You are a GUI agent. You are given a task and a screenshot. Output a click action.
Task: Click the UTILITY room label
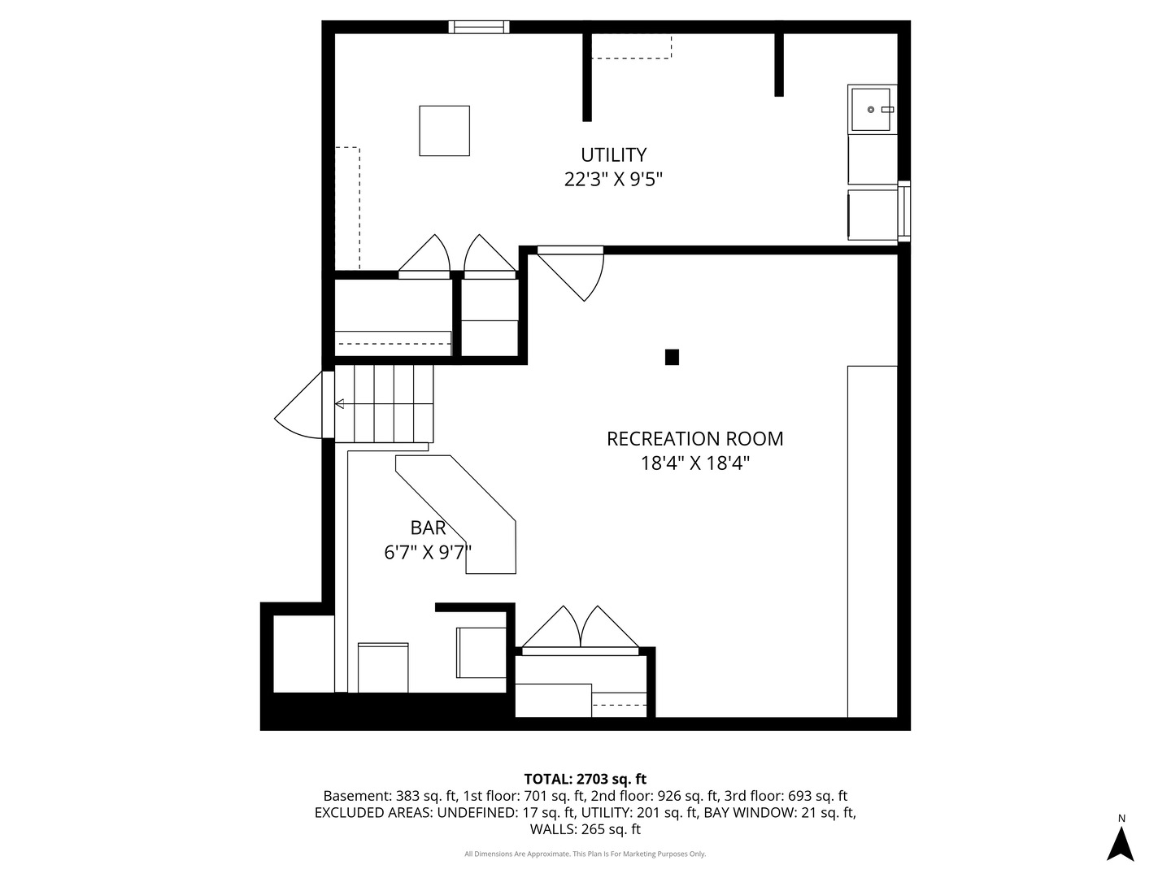[x=613, y=155]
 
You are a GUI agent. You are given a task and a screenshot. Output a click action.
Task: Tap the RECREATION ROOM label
[x=694, y=439]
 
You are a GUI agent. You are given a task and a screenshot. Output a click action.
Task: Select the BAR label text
[x=428, y=528]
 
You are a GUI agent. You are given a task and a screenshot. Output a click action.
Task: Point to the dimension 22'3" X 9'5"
[x=613, y=180]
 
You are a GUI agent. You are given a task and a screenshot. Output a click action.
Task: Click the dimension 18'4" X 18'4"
[x=694, y=463]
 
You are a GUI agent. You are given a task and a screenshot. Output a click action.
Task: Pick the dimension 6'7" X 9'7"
[x=428, y=552]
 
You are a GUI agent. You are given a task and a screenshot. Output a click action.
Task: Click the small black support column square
[x=672, y=357]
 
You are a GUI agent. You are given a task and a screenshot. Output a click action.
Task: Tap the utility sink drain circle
[x=871, y=109]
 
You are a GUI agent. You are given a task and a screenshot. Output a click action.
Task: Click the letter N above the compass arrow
[x=1121, y=819]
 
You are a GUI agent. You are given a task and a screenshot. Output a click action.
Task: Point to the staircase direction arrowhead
[x=339, y=403]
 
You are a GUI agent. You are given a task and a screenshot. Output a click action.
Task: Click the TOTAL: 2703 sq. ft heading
[x=585, y=780]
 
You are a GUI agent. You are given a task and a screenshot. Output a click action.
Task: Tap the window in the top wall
[x=478, y=27]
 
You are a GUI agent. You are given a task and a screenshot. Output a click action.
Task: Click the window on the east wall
[x=903, y=211]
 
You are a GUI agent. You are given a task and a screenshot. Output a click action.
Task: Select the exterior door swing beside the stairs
[x=298, y=405]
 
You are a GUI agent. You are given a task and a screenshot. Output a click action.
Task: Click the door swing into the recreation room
[x=571, y=273]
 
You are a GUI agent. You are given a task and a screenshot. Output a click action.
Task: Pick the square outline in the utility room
[x=444, y=131]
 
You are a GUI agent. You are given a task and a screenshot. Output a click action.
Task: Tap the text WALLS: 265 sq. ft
[x=585, y=829]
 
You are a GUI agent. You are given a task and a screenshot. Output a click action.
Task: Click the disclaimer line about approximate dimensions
[x=585, y=854]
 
